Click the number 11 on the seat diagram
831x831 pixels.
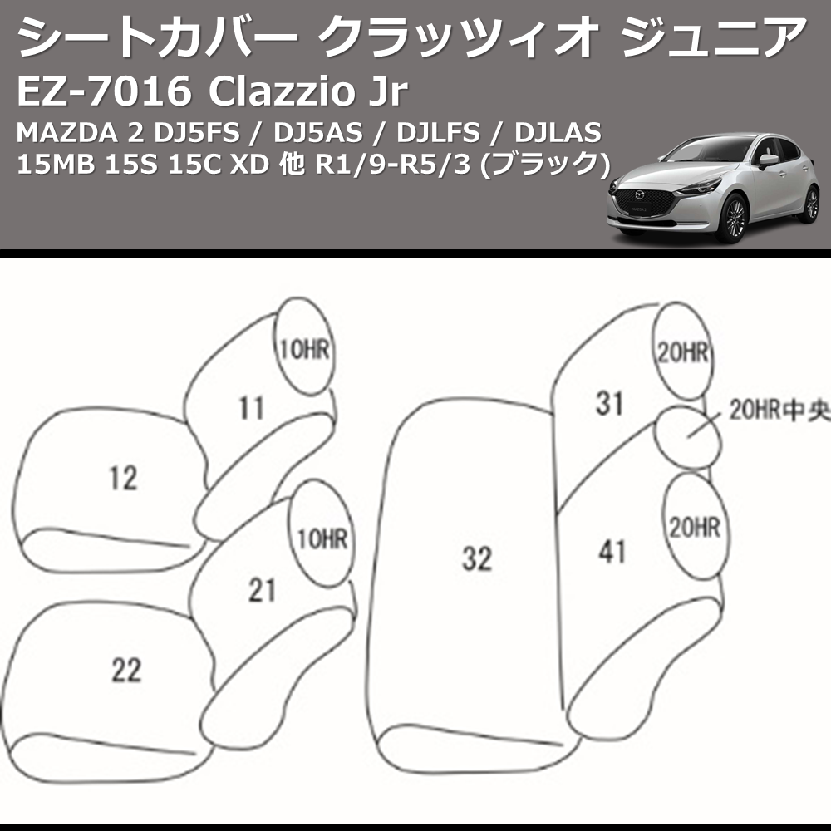[251, 408]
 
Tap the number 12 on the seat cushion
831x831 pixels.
[123, 478]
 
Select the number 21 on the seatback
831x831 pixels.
[262, 589]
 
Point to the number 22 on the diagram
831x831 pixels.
[126, 670]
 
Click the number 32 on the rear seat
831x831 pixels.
[477, 558]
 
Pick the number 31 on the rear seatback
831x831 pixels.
[609, 404]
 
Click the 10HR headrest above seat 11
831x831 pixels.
[304, 350]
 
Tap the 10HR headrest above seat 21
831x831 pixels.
[319, 538]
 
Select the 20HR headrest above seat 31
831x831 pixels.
[683, 353]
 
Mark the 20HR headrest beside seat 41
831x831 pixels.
[694, 528]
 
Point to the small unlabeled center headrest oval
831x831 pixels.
[686, 438]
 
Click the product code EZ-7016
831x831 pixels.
[101, 92]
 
